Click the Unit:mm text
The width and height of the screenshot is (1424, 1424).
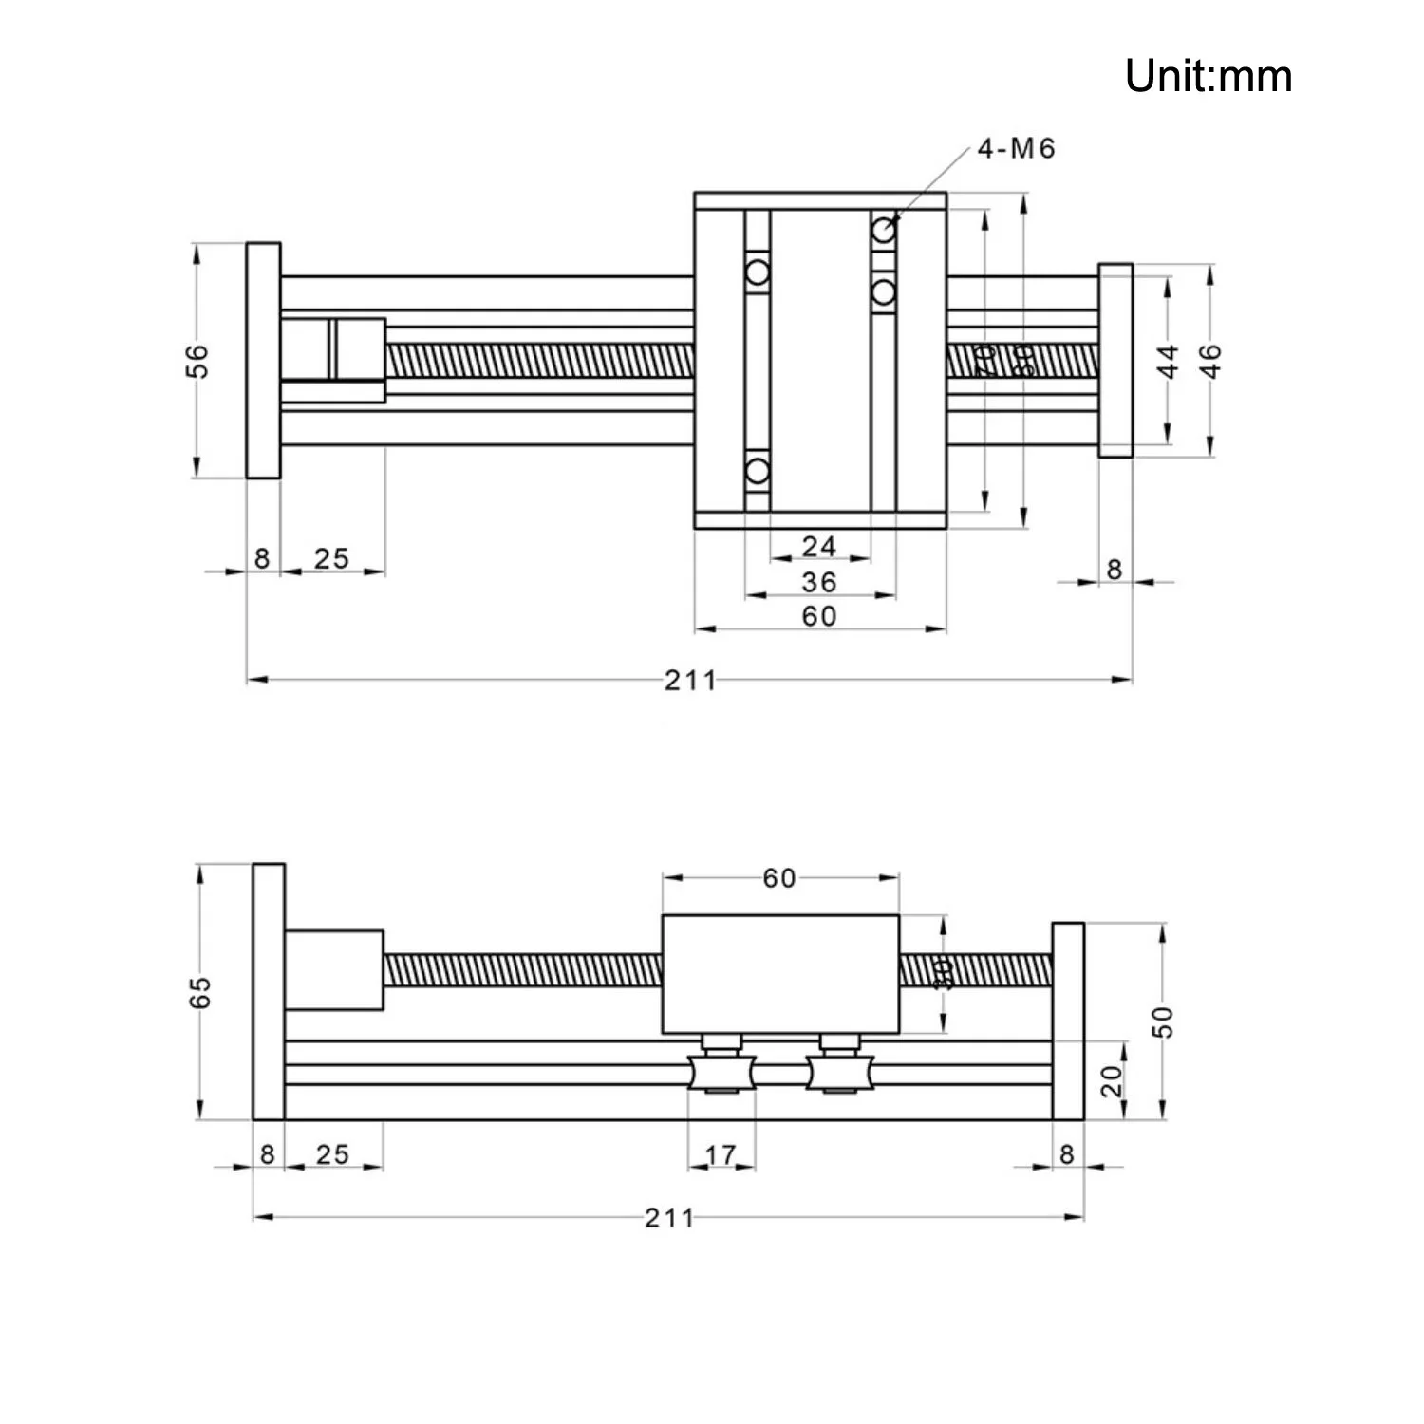click(1208, 76)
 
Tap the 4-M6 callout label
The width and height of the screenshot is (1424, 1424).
click(1016, 149)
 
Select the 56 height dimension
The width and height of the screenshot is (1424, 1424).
click(197, 361)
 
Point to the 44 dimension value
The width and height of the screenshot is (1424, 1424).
click(1169, 361)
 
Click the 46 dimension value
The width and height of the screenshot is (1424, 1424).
click(1210, 361)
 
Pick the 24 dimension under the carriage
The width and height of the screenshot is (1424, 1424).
click(818, 546)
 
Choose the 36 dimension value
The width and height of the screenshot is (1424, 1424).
click(818, 581)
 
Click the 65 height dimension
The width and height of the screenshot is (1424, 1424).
click(200, 992)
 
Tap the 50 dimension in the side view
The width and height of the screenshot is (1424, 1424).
click(1164, 1021)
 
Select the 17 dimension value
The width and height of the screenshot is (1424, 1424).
click(721, 1154)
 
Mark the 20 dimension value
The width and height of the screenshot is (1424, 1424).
click(1112, 1080)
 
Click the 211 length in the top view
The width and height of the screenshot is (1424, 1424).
click(690, 680)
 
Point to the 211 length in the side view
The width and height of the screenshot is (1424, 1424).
click(669, 1217)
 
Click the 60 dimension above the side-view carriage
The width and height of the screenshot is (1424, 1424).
click(778, 878)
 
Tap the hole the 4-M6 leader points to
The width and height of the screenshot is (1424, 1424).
click(884, 230)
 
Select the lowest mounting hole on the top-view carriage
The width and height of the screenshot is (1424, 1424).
click(757, 470)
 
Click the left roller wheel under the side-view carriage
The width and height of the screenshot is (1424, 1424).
click(721, 1073)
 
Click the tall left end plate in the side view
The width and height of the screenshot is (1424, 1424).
click(269, 992)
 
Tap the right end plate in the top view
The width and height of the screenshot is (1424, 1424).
click(1115, 361)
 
